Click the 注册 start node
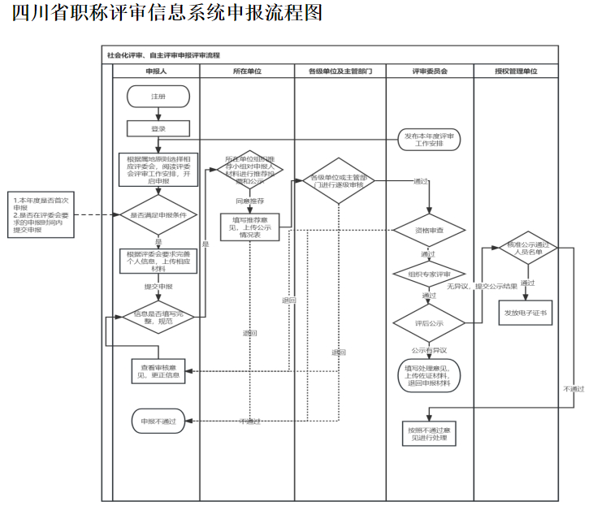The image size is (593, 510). [x=158, y=97]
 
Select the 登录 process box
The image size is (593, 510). [x=158, y=128]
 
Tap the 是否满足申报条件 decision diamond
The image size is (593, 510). [x=158, y=215]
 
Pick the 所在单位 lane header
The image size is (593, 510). [x=247, y=72]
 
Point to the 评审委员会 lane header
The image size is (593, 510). [x=430, y=72]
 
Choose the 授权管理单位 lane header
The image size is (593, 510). [x=517, y=72]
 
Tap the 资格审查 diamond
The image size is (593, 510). [x=430, y=230]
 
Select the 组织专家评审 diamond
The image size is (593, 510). [x=430, y=274]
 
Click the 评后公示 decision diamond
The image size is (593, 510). [x=430, y=323]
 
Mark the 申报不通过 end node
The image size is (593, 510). [x=158, y=421]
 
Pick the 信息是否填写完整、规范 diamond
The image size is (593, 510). [x=158, y=318]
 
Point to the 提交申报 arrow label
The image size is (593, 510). [x=158, y=287]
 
